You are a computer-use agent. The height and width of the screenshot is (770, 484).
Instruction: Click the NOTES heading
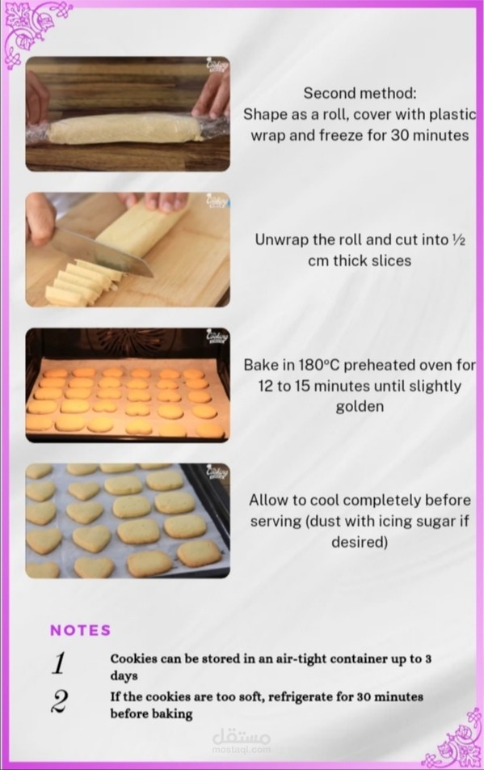click(81, 630)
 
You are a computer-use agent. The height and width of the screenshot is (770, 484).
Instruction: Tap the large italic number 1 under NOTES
click(59, 663)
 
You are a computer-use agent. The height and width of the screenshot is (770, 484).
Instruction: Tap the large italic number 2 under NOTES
click(59, 701)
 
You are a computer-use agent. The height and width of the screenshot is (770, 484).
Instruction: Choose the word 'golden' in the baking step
click(360, 407)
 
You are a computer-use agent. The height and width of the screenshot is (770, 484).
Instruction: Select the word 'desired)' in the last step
click(360, 542)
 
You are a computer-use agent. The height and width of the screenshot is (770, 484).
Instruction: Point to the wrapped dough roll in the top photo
click(127, 129)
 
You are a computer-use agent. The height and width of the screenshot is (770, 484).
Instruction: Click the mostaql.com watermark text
click(242, 750)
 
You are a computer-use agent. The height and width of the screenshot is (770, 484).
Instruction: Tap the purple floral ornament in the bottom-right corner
click(454, 738)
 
